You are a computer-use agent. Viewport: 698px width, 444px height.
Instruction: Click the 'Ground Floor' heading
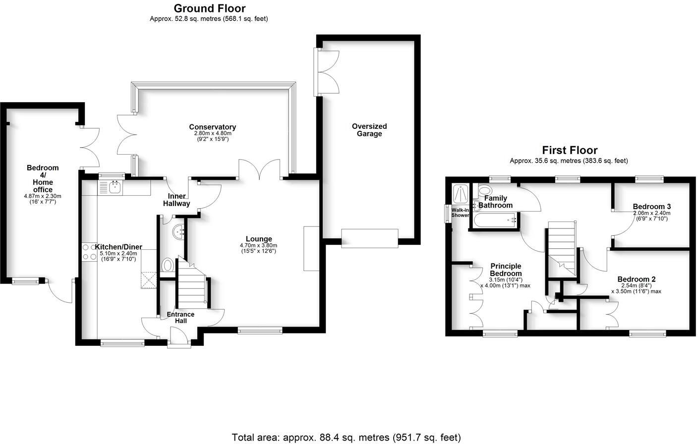click(x=209, y=8)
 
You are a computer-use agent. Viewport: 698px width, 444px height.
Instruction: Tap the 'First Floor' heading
click(x=569, y=150)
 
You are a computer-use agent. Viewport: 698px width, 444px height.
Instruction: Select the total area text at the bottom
click(x=346, y=437)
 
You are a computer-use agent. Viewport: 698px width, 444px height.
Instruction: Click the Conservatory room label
click(x=212, y=127)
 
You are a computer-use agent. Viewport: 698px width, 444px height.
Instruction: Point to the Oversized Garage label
click(x=369, y=130)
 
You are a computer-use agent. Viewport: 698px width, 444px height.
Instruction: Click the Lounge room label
click(x=258, y=239)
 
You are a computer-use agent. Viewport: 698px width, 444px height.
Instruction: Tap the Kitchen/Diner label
click(x=118, y=247)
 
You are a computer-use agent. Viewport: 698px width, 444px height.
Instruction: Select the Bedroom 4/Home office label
click(x=43, y=178)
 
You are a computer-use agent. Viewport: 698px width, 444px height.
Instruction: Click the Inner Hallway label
click(x=176, y=200)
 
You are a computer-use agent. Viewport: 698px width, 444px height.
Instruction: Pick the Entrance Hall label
click(x=180, y=317)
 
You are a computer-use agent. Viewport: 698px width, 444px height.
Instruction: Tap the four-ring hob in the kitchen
click(x=88, y=251)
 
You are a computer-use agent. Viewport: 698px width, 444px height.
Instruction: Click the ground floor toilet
click(x=168, y=266)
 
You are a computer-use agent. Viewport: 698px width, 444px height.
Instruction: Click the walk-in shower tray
click(x=461, y=193)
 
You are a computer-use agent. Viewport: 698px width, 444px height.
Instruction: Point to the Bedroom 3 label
click(x=651, y=207)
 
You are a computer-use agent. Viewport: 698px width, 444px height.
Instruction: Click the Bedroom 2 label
click(x=637, y=279)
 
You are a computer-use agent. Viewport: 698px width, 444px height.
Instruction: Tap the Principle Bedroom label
click(x=506, y=270)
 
